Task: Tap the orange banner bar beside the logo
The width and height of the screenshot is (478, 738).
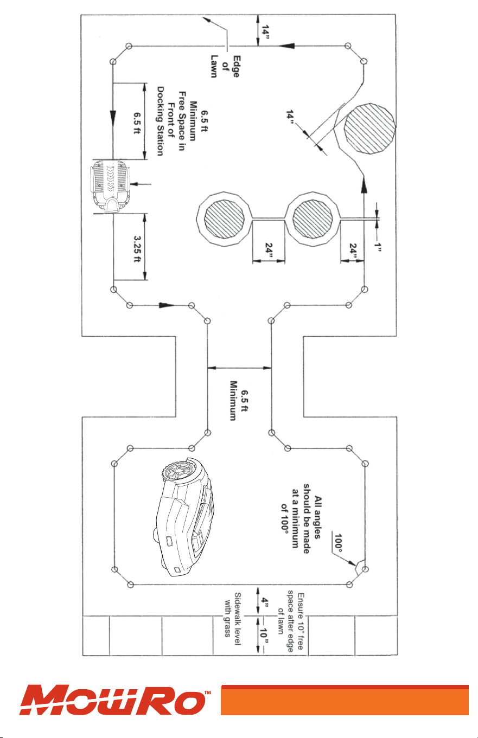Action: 345,700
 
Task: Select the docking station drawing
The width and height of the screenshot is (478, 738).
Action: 111,186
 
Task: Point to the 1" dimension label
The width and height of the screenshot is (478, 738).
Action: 378,247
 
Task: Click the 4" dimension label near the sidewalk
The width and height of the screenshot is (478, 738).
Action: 265,601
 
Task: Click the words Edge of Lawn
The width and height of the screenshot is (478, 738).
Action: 225,66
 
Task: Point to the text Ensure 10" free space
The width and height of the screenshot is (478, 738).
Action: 296,613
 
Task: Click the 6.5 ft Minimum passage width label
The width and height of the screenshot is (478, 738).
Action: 238,400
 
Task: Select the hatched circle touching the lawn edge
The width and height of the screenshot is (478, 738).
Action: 369,128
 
